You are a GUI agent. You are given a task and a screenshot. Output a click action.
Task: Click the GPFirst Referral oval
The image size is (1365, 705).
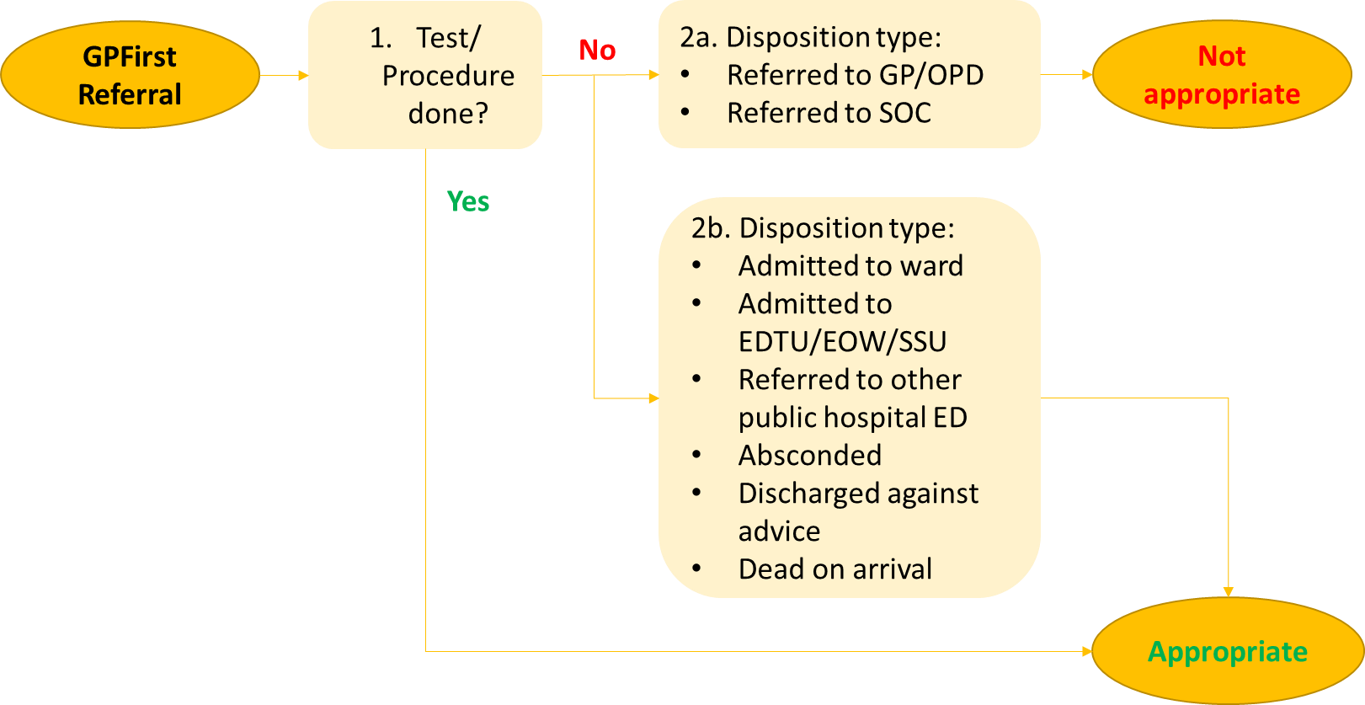pos(130,75)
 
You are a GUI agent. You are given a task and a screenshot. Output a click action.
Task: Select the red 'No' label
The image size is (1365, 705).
pos(597,51)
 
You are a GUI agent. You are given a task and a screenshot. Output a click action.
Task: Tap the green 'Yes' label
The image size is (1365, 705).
pos(468,201)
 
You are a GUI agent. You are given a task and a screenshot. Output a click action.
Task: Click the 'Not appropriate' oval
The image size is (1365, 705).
pos(1221,75)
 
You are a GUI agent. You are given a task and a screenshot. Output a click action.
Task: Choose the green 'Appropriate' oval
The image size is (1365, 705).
pos(1227,651)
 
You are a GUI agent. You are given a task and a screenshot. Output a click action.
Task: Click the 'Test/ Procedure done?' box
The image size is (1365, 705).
pos(425,75)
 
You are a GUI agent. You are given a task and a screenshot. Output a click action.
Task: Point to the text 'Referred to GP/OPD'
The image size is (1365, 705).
pos(855,75)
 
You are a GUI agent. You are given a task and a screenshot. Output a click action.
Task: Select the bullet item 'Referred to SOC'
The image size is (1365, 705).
pos(829,113)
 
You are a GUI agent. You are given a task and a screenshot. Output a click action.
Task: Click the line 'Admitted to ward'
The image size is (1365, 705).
pos(850,266)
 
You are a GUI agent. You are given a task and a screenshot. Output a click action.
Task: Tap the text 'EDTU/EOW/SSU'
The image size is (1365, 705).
pos(842,341)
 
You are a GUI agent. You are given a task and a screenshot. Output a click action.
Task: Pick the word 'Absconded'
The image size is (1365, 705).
pos(809,456)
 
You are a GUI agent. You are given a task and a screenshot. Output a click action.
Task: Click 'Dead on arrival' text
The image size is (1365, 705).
pos(834,569)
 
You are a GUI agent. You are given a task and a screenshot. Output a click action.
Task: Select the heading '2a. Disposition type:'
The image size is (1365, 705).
pos(810,37)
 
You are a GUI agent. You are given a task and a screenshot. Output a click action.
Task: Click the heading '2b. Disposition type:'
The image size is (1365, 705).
pos(823,228)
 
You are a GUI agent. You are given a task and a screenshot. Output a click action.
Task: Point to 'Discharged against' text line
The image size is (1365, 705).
pos(858,494)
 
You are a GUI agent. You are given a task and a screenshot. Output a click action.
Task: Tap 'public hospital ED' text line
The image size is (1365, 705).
pos(852,418)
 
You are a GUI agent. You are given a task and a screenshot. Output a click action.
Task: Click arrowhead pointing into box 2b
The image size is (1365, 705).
pos(653,398)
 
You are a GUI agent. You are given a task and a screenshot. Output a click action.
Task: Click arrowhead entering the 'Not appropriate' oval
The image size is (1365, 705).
pos(1087,75)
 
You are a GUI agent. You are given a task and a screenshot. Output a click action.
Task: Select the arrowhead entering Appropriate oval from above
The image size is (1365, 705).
pos(1228,592)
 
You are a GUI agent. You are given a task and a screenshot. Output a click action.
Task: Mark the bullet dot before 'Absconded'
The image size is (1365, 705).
pos(696,456)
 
